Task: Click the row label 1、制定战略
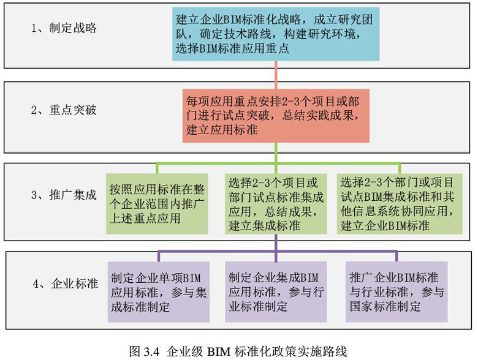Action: (x=64, y=28)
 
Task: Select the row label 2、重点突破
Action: (x=64, y=111)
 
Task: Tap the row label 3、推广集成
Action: (x=64, y=196)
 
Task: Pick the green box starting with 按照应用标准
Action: (x=157, y=201)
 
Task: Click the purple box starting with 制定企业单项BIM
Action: (x=159, y=291)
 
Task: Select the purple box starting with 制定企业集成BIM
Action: (x=277, y=291)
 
